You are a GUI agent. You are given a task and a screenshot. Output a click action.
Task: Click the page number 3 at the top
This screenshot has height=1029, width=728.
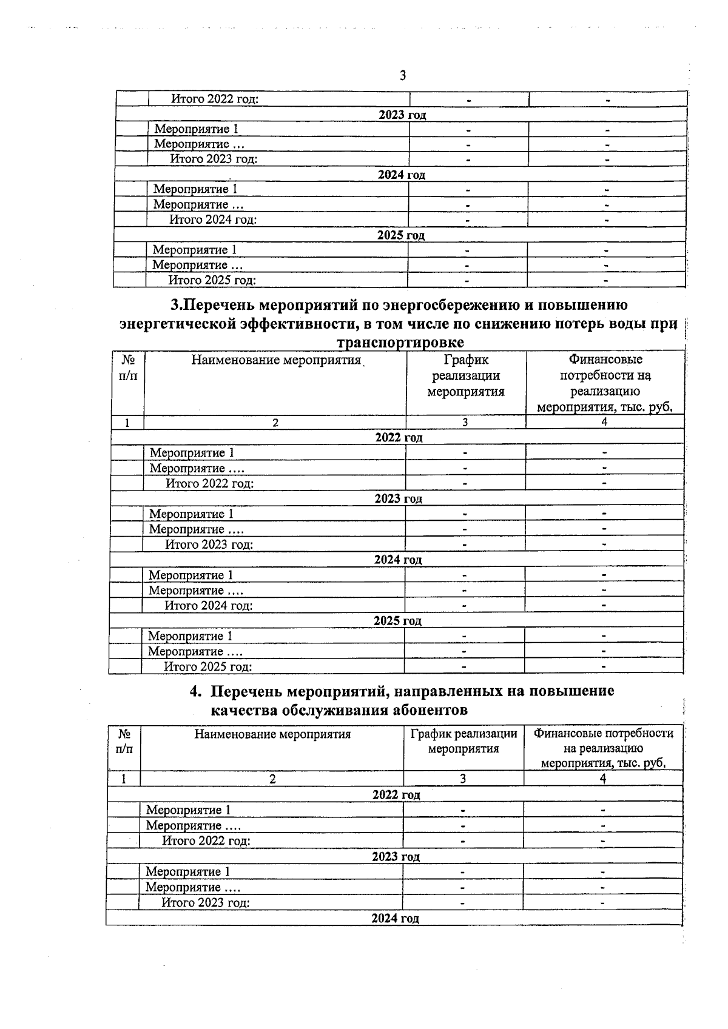403,76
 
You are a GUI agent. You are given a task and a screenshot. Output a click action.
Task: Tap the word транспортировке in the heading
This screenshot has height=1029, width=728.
400,343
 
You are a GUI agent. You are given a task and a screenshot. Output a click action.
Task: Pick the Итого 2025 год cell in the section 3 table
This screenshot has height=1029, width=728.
208,667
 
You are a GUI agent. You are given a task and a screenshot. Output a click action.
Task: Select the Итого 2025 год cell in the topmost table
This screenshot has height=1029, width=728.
212,280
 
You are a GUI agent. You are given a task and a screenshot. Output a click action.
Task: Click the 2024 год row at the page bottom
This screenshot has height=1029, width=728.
395,919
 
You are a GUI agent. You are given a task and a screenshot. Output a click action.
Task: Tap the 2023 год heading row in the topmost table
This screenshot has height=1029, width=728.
402,115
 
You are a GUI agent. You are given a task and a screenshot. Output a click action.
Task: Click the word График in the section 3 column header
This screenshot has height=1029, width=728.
466,360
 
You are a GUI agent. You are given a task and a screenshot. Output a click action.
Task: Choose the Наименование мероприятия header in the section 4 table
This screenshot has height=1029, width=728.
272,734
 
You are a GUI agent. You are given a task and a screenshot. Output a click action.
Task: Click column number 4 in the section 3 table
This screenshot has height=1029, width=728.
604,423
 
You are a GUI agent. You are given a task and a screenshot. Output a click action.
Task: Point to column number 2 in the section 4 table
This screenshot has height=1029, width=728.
272,779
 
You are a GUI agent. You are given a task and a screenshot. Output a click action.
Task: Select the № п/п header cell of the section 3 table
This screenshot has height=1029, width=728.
127,368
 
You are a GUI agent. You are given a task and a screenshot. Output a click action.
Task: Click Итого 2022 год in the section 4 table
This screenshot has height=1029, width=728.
206,841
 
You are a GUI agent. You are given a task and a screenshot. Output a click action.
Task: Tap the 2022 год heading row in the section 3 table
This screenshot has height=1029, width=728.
398,437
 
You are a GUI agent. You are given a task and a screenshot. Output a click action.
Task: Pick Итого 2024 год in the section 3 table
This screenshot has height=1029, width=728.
209,606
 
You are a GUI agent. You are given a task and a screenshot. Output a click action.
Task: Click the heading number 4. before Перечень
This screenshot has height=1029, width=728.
195,691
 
